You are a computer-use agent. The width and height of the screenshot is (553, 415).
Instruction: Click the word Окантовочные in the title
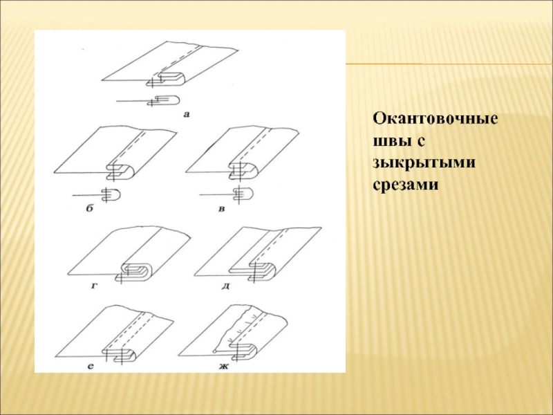pyautogui.click(x=435, y=119)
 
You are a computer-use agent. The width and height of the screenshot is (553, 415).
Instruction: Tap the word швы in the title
pyautogui.click(x=391, y=141)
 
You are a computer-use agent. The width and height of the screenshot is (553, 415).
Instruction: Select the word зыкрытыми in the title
pyautogui.click(x=424, y=163)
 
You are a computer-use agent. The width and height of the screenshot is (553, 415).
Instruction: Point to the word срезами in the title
pyautogui.click(x=406, y=185)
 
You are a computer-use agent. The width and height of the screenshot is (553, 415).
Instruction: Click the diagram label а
pyautogui.click(x=187, y=114)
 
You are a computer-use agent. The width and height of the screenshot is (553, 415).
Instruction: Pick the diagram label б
pyautogui.click(x=90, y=208)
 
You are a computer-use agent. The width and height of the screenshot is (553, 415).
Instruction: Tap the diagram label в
pyautogui.click(x=221, y=209)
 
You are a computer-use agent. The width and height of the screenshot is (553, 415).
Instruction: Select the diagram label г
pyautogui.click(x=93, y=286)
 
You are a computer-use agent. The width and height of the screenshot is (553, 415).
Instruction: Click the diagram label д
pyautogui.click(x=226, y=286)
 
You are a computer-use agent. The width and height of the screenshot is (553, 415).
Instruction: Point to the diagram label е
pyautogui.click(x=91, y=367)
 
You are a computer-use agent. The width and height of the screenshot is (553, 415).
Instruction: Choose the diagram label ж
pyautogui.click(x=224, y=367)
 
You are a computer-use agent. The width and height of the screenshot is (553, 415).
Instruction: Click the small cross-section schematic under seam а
pyautogui.click(x=148, y=100)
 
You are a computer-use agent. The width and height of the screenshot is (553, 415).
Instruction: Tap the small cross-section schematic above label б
pyautogui.click(x=97, y=195)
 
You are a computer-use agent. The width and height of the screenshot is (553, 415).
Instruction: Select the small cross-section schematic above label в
pyautogui.click(x=226, y=194)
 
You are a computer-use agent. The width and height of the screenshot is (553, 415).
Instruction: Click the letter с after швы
pyautogui.click(x=419, y=142)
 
